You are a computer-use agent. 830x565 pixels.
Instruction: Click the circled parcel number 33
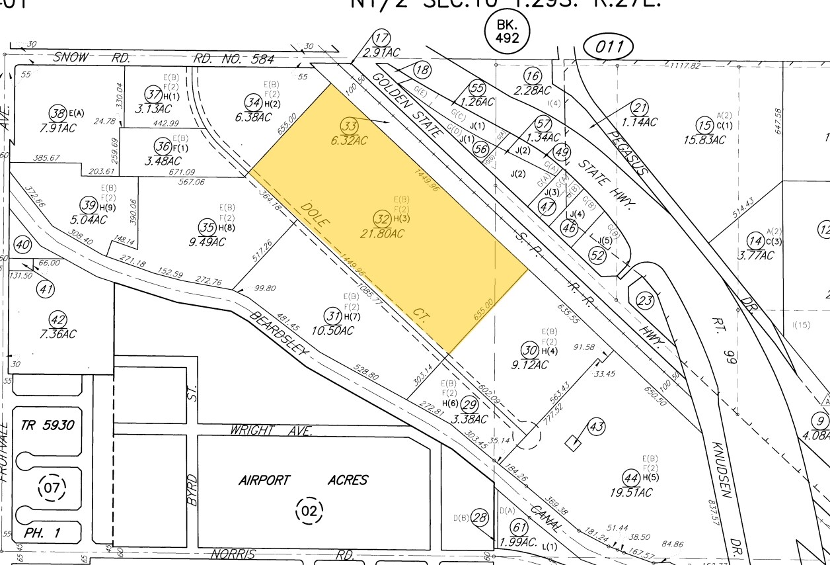(x=348, y=125)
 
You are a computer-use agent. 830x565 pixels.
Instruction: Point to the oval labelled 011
(x=608, y=47)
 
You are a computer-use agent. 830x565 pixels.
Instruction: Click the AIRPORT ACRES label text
(x=303, y=480)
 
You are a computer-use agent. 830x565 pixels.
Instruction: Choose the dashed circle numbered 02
(x=309, y=510)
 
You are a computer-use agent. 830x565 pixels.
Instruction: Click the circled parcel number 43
(x=596, y=427)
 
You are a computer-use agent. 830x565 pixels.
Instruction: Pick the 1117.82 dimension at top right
(x=684, y=66)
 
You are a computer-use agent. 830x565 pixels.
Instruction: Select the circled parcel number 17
(x=381, y=38)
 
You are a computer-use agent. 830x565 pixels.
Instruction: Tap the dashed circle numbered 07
(x=51, y=489)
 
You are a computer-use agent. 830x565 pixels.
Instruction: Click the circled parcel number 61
(x=520, y=527)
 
